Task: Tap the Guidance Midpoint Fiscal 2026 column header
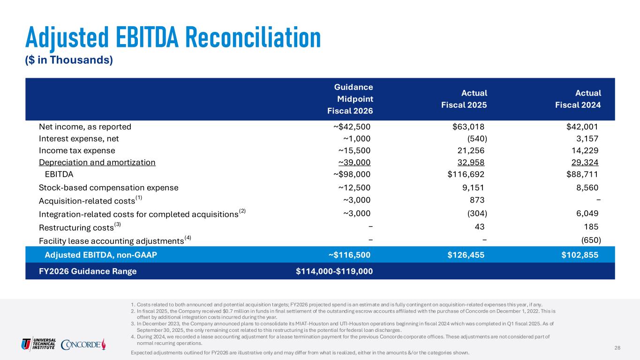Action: pyautogui.click(x=354, y=99)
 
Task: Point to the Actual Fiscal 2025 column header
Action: pyautogui.click(x=464, y=99)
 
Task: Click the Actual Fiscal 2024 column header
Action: pyautogui.click(x=578, y=99)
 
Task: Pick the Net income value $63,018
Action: pyautogui.click(x=465, y=126)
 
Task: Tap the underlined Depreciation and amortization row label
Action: pyautogui.click(x=97, y=163)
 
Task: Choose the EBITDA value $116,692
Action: pyautogui.click(x=466, y=175)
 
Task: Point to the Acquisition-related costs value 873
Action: pyautogui.click(x=476, y=200)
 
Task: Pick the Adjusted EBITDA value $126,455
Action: pyautogui.click(x=465, y=255)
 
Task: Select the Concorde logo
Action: pyautogui.click(x=83, y=344)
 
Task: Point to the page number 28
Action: pyautogui.click(x=617, y=347)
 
